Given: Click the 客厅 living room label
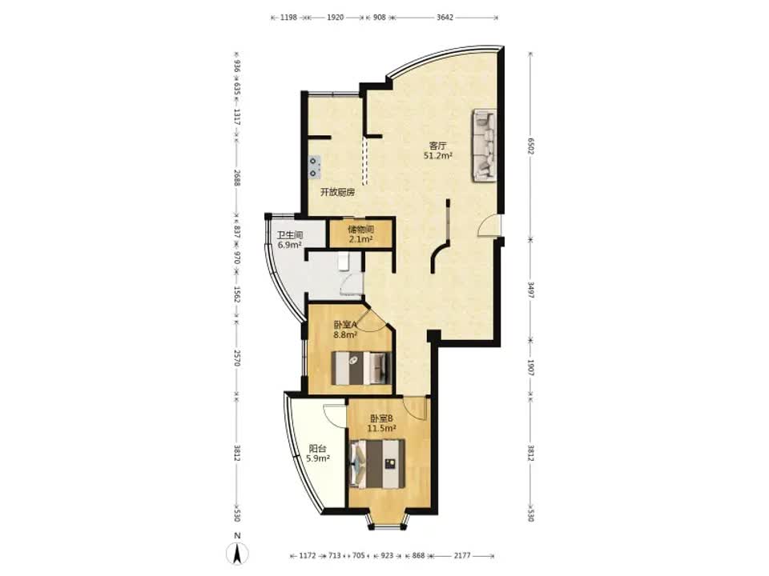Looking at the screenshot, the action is coord(437,146).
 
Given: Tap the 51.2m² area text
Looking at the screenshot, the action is coord(437,156).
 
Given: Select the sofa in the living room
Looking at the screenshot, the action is coord(484,146).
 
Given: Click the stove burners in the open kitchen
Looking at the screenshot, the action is coord(313,166).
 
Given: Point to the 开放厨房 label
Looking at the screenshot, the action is coord(337,192).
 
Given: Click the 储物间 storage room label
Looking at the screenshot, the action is coord(361,230).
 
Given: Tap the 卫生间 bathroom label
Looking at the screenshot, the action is coord(289,235).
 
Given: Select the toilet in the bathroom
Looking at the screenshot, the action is coord(344,262).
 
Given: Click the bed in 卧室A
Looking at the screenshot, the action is coord(361,367).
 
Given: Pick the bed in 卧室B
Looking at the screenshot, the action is coord(377,463).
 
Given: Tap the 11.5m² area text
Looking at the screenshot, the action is coord(381,428).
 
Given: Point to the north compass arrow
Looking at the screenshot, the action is coord(237,553).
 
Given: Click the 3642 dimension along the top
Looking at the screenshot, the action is coord(445,17).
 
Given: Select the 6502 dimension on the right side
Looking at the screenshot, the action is coord(530,146).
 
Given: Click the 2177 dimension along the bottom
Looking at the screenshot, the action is coord(462,555).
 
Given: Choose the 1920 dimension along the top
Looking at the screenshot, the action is coord(335,17).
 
